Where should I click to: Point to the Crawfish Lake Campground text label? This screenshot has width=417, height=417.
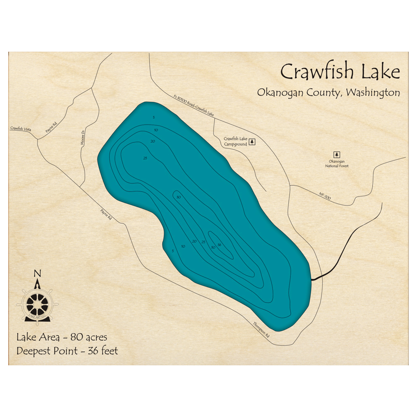tap(236, 141)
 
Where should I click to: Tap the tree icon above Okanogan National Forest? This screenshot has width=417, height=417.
tap(337, 155)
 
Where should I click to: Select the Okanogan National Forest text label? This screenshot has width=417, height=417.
tap(337, 163)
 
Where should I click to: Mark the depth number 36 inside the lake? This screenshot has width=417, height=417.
tap(219, 245)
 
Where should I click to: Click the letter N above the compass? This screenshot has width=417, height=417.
tap(38, 274)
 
